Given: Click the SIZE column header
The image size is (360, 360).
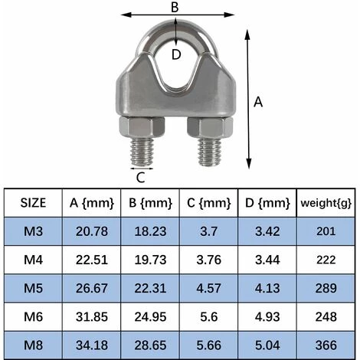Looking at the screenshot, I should (33, 203).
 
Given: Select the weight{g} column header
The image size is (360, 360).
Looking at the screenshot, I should (326, 203).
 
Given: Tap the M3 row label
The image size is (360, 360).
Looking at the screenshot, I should (33, 231).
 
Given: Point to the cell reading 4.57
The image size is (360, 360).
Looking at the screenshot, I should (208, 287).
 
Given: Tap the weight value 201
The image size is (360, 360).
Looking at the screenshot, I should (326, 231).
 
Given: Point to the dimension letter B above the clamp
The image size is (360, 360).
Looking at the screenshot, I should (175, 6).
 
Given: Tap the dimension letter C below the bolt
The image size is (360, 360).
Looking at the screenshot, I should (140, 178).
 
